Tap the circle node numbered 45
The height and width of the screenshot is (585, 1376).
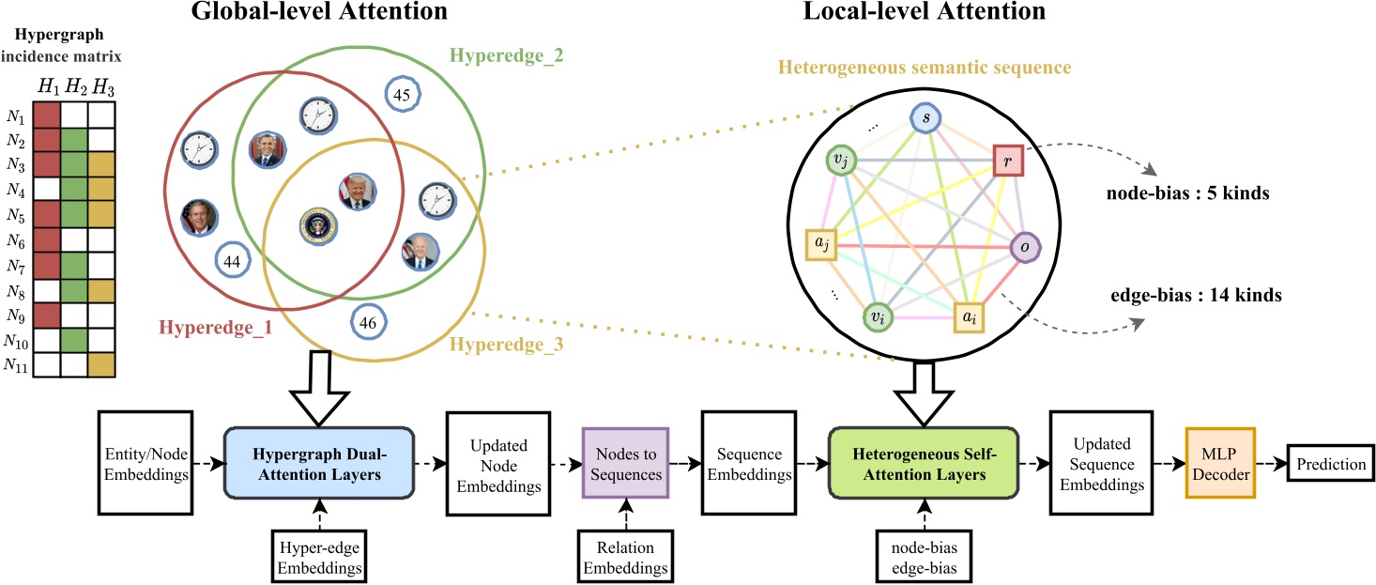click(x=403, y=94)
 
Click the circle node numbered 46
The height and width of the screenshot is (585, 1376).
click(x=368, y=322)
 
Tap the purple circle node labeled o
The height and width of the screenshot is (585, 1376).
click(x=1025, y=249)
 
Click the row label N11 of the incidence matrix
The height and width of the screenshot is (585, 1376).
click(x=17, y=364)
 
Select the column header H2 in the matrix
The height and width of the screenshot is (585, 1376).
click(x=74, y=86)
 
